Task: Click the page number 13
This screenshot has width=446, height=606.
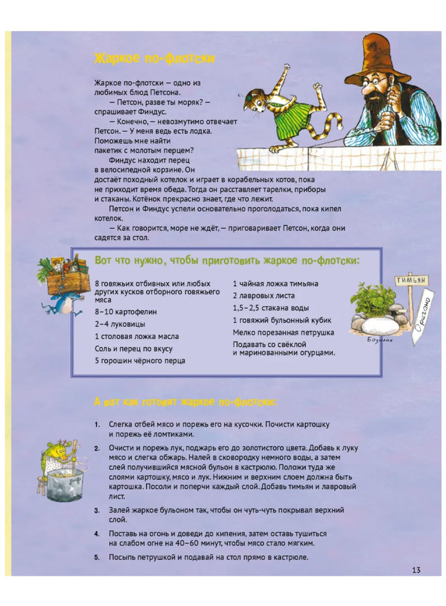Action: click(416, 570)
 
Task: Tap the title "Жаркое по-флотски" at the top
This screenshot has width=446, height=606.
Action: click(154, 58)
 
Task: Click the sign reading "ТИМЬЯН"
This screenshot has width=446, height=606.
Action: click(411, 280)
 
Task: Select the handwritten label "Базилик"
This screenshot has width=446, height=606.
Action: click(379, 341)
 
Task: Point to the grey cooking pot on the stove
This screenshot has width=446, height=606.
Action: click(65, 487)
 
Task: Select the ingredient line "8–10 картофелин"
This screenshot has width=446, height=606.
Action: click(125, 312)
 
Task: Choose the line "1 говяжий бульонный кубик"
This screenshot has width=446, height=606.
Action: click(282, 321)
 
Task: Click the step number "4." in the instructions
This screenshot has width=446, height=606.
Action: click(97, 534)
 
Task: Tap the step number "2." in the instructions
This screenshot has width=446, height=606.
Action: click(97, 449)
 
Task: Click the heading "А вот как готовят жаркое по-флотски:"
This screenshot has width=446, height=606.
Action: click(186, 402)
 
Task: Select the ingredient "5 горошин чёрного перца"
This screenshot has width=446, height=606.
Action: click(140, 361)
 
